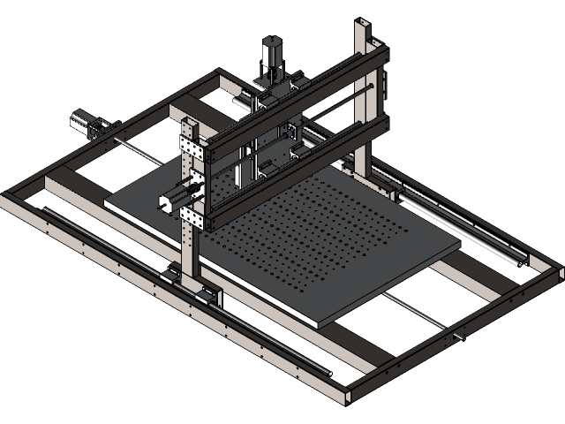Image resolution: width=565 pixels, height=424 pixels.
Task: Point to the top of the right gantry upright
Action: [x=365, y=26]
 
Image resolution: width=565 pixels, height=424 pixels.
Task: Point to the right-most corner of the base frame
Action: [x=557, y=270]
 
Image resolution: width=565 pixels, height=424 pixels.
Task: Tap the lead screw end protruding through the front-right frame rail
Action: [x=459, y=337]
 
